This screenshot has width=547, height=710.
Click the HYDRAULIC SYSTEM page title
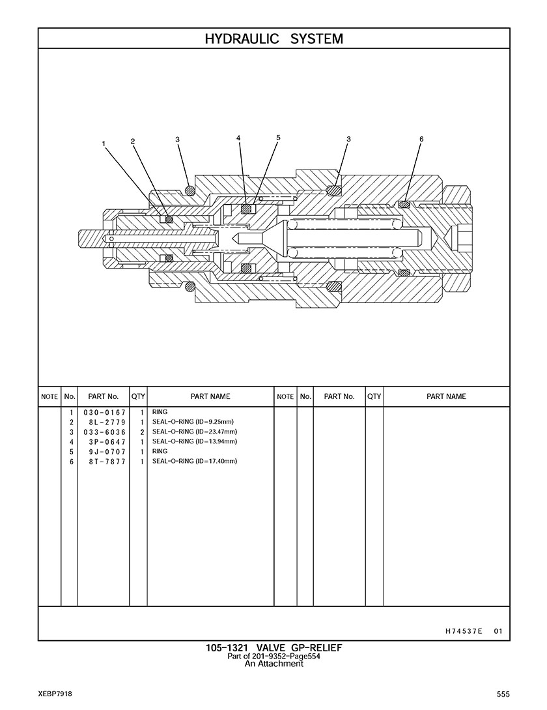click(x=273, y=39)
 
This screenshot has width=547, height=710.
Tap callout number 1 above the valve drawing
click(x=104, y=144)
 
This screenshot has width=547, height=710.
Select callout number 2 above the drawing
click(x=133, y=141)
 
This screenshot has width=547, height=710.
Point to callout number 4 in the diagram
click(x=238, y=138)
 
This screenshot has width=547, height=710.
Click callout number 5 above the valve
click(x=278, y=138)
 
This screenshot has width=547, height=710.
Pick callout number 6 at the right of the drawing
click(x=421, y=139)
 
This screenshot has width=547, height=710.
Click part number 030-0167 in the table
click(x=104, y=413)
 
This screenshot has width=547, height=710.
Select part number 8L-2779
click(x=107, y=422)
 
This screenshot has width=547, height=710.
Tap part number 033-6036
click(x=104, y=432)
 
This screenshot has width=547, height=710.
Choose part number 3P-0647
click(x=107, y=442)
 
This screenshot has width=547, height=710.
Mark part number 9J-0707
click(x=107, y=452)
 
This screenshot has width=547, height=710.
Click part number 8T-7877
click(x=107, y=462)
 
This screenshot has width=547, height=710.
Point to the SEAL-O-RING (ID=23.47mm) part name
click(x=195, y=432)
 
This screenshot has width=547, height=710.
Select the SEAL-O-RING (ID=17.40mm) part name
click(x=195, y=461)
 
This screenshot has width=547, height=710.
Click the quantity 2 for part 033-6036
click(x=142, y=432)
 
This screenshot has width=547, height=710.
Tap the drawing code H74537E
click(x=464, y=631)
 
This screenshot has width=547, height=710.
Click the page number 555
click(x=503, y=694)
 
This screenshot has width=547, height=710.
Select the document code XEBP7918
click(x=55, y=694)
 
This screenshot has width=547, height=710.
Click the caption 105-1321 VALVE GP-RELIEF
click(x=274, y=648)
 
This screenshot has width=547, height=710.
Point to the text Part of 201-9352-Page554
click(x=274, y=656)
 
